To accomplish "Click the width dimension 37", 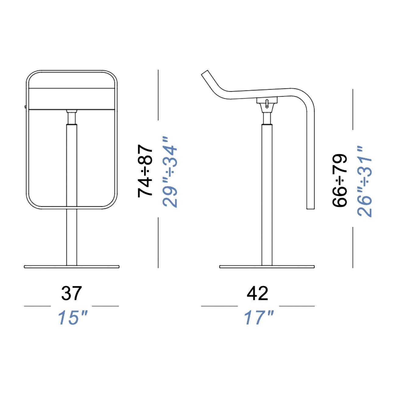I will tap(72, 293).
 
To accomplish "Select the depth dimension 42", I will tap(258, 293).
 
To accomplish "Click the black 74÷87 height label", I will tap(145, 171).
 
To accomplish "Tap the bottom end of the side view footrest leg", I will tap(310, 207).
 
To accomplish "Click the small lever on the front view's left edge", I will tap(25, 106).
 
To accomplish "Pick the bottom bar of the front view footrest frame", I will tap(72, 208).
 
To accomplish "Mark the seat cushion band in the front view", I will tap(72, 99).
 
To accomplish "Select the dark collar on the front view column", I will tap(72, 118).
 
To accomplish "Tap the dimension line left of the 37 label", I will tap(37, 306).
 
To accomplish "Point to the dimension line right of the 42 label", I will tap(297, 306).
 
